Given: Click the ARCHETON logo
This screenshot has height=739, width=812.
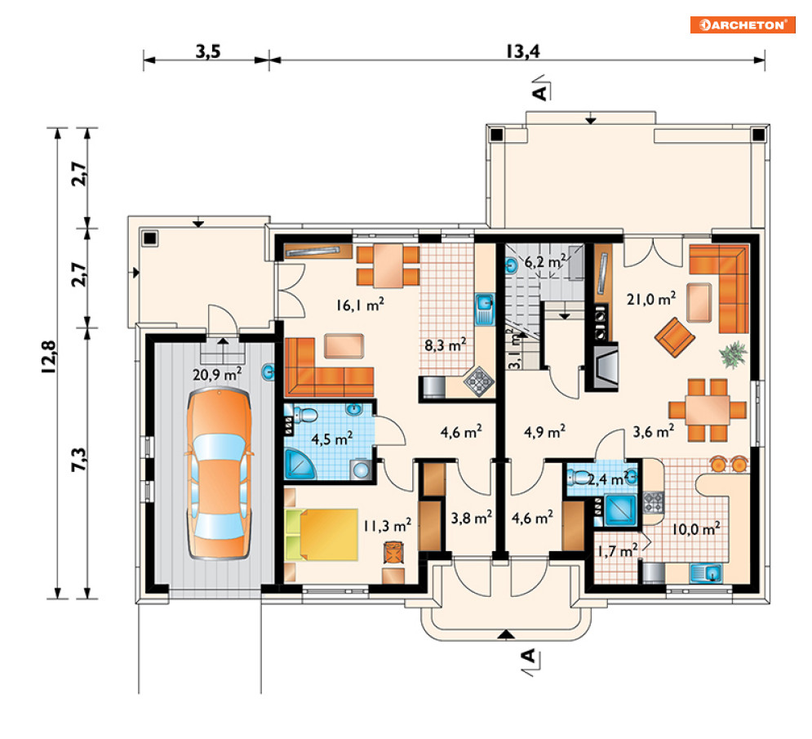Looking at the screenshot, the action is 743,24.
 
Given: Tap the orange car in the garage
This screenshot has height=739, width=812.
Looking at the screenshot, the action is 219,474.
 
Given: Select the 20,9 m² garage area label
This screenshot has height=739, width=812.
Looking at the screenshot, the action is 217,374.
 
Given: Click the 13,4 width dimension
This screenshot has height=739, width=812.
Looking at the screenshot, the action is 523,51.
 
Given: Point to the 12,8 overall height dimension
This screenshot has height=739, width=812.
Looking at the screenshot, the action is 48,357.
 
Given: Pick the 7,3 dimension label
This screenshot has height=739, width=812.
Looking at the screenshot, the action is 78,460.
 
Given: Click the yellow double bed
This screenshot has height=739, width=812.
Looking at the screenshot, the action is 321,535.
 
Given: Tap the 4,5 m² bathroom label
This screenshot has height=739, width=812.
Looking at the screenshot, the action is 331,439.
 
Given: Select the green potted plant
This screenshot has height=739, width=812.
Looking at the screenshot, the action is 734,354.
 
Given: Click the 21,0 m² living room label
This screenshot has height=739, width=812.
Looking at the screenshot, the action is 651,299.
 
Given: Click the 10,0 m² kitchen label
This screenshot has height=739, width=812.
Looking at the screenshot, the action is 696,528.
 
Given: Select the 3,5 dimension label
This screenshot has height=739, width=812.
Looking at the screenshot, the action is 208,51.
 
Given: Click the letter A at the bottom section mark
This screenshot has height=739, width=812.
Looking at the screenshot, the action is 527,656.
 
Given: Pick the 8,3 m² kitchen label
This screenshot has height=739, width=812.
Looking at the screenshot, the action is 446,345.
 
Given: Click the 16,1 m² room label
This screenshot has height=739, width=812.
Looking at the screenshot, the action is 360,305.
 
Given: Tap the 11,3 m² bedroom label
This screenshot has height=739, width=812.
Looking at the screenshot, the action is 387,526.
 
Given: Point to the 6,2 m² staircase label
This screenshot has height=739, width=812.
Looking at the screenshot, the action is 545,261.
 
